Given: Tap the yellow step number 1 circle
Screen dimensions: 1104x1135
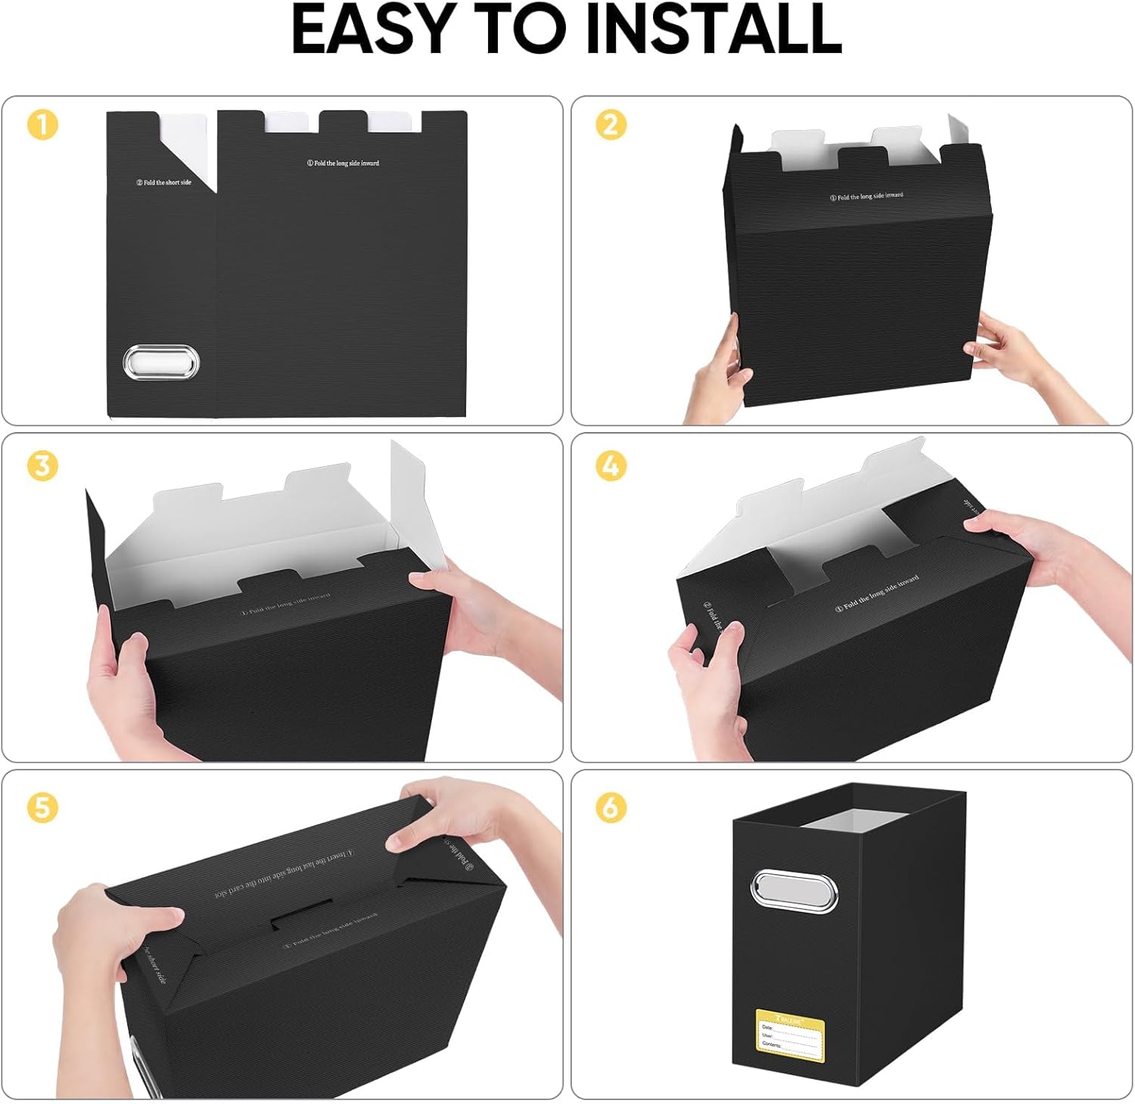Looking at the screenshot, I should [42, 125].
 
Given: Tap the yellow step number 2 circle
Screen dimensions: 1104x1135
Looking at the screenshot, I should [611, 125].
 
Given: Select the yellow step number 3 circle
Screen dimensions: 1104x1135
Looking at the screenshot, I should [42, 465].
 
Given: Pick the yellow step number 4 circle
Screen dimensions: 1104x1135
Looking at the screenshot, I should [611, 465].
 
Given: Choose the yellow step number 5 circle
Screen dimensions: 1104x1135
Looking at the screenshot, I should [42, 807].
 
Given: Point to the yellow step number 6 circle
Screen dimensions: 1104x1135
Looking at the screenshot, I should [611, 807].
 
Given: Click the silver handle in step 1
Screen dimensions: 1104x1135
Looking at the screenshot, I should [160, 362].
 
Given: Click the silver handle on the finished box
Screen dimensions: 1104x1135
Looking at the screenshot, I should [794, 891].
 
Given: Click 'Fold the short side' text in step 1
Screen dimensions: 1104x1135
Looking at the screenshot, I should [163, 182].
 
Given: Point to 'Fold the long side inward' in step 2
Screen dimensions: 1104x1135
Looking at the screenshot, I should [866, 196].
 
